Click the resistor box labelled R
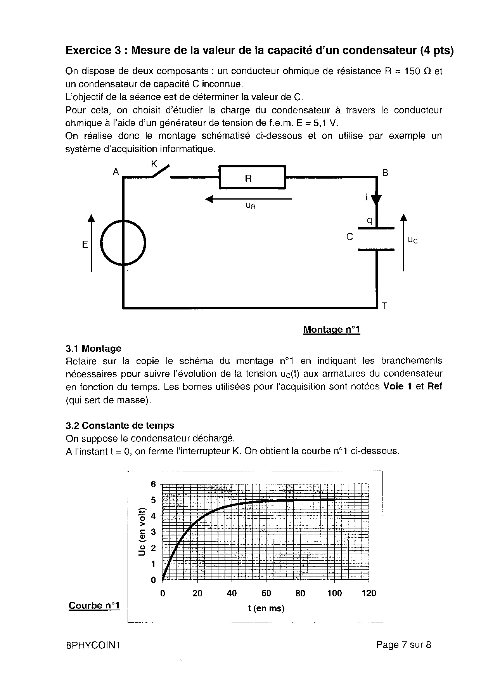[x=252, y=177]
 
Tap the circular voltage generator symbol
[x=123, y=243]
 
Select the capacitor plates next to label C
[x=376, y=239]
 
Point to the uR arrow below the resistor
[x=248, y=199]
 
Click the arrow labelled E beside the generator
[x=91, y=243]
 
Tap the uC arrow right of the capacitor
[x=404, y=242]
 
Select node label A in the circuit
[x=116, y=172]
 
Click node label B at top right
[x=385, y=173]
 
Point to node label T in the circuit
[x=384, y=306]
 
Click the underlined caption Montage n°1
[x=332, y=330]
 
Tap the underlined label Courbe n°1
[x=94, y=605]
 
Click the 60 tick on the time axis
[x=266, y=593]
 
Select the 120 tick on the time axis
[x=369, y=593]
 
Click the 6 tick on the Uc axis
[x=153, y=484]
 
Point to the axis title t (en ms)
[x=266, y=608]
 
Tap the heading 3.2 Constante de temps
[x=120, y=426]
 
